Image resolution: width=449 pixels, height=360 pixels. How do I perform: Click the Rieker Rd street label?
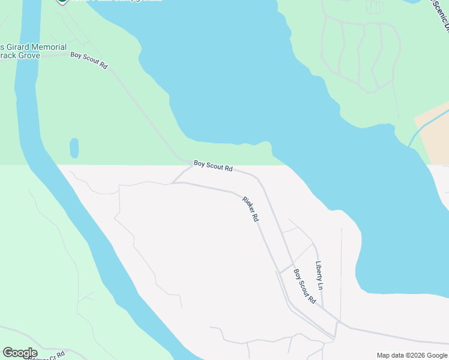250,209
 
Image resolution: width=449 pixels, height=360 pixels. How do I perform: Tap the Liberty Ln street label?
319,275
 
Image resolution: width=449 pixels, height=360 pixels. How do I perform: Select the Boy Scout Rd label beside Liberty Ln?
304,286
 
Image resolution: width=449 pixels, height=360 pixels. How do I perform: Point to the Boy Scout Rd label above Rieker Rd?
212,166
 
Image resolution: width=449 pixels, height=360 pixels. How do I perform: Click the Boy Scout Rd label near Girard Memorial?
89,61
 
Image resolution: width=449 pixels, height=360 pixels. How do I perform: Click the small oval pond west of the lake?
74,148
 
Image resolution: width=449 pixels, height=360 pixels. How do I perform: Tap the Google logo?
19,353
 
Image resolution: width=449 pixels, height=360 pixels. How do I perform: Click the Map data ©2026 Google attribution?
412,355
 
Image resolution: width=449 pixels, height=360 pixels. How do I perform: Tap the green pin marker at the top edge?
62,2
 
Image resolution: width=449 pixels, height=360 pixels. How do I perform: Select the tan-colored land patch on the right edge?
433,137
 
